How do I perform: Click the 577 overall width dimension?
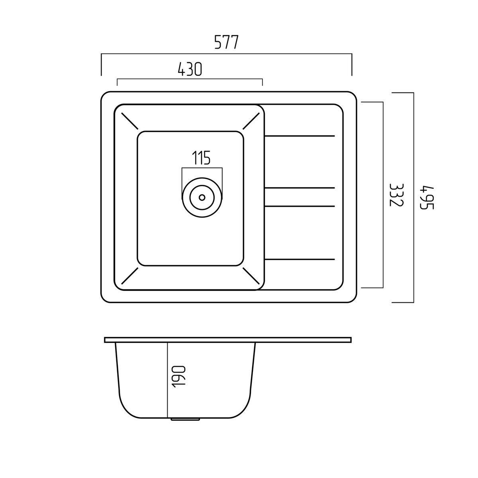point(226,42)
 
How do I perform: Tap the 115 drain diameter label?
point(201,157)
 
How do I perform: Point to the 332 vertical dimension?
point(397,195)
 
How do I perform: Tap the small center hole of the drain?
point(202,198)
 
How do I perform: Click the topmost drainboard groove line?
point(300,136)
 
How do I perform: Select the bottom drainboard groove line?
point(300,259)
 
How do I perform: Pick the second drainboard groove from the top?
point(300,188)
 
